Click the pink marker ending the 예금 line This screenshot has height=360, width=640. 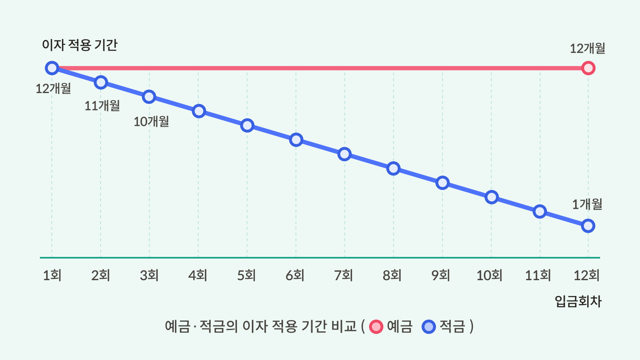[588, 68]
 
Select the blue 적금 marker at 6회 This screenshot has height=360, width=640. [296, 140]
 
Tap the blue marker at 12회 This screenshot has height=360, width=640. [588, 226]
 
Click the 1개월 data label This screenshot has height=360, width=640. [587, 204]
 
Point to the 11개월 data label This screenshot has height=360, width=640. [102, 106]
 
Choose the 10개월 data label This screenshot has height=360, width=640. [151, 121]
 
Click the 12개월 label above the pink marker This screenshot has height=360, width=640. [587, 49]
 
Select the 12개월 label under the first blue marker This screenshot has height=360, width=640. [53, 88]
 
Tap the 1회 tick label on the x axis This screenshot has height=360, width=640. [52, 275]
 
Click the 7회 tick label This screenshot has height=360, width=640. [344, 275]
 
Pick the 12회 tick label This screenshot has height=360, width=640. [586, 275]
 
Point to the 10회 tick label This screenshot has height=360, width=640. [489, 275]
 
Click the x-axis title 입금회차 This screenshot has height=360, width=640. [578, 301]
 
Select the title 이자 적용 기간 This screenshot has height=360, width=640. [80, 45]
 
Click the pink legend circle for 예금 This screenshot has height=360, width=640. [376, 327]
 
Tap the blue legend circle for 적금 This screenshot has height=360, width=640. [428, 327]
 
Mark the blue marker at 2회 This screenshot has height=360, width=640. [101, 82]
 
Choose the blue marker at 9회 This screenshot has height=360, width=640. [443, 182]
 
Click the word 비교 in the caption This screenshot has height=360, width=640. [344, 326]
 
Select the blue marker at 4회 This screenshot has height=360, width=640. [199, 111]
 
